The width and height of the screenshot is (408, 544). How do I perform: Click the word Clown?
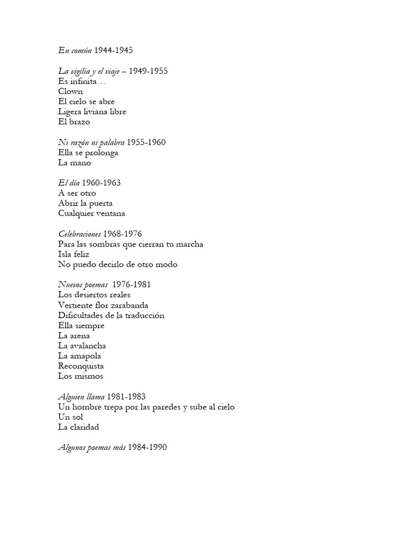click(x=70, y=91)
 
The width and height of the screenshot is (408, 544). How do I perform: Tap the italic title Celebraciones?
click(x=79, y=234)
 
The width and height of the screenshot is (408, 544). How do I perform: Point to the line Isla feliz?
click(x=74, y=254)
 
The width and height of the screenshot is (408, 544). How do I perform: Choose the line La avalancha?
click(x=82, y=346)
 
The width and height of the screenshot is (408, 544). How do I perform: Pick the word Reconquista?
click(x=81, y=366)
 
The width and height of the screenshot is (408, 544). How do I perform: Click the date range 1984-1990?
click(x=147, y=447)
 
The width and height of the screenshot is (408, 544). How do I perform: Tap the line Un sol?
click(x=70, y=417)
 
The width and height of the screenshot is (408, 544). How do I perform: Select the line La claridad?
click(x=79, y=427)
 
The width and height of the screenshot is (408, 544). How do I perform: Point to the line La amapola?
click(x=80, y=356)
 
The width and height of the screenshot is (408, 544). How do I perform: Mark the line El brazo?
click(x=75, y=122)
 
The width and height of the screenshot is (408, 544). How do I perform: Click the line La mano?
click(x=74, y=163)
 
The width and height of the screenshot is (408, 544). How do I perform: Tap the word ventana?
click(x=110, y=214)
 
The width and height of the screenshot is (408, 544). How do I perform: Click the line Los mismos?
click(x=81, y=376)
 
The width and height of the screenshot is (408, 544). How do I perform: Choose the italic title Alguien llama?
click(x=81, y=396)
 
